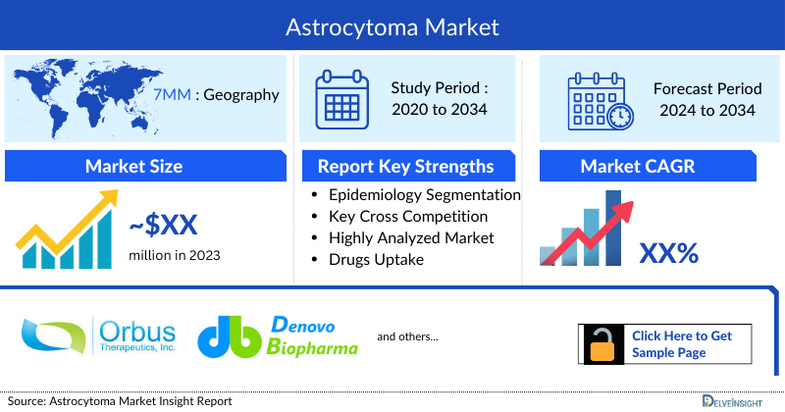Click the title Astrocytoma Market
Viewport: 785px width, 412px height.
coord(392,26)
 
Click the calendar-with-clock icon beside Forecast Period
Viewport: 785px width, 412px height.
coord(600,99)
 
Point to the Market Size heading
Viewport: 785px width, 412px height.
coord(133,166)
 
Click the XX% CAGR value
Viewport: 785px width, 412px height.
coord(668,253)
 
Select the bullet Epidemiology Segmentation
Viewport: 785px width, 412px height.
coord(424,195)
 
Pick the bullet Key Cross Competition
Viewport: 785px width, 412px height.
coord(409,217)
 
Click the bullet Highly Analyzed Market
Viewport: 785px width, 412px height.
coord(412,238)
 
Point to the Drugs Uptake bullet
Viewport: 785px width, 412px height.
coord(377,259)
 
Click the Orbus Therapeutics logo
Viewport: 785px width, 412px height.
coord(97,335)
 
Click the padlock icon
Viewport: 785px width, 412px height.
coord(602,343)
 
